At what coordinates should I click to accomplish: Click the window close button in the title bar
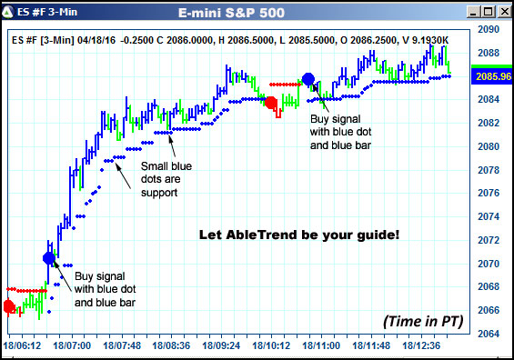pos(501,13)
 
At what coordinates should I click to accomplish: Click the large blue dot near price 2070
pos(49,258)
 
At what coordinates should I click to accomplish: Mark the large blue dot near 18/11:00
pos(308,79)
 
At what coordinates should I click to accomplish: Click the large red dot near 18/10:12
pos(270,103)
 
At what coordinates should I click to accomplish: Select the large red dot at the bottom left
pos(9,306)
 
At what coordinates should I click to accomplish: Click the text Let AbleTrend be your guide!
pos(298,235)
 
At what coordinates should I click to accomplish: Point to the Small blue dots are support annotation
pos(166,178)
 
